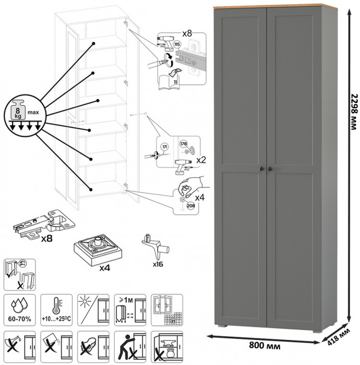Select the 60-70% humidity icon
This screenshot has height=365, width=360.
point(20,308)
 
